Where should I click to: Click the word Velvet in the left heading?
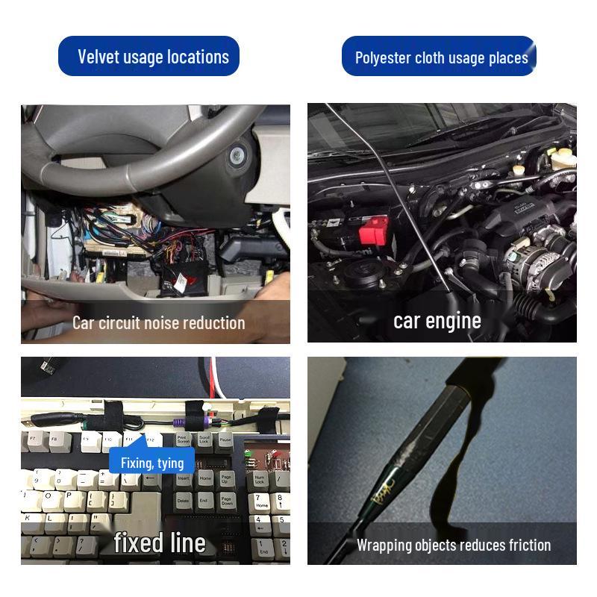99,57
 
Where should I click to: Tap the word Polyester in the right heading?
383,58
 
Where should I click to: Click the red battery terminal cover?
373,230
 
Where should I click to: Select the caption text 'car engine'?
437,321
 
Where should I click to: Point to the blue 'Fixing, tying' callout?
151,463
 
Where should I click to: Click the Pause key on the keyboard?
225,441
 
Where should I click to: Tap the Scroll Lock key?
204,441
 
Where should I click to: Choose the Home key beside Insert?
205,478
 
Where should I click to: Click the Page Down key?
227,501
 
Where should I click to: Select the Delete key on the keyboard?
184,501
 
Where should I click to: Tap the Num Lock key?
260,479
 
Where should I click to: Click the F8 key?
54,440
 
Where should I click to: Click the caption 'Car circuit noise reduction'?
158,322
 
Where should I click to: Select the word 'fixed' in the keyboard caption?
137,543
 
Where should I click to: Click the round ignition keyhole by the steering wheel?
239,156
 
